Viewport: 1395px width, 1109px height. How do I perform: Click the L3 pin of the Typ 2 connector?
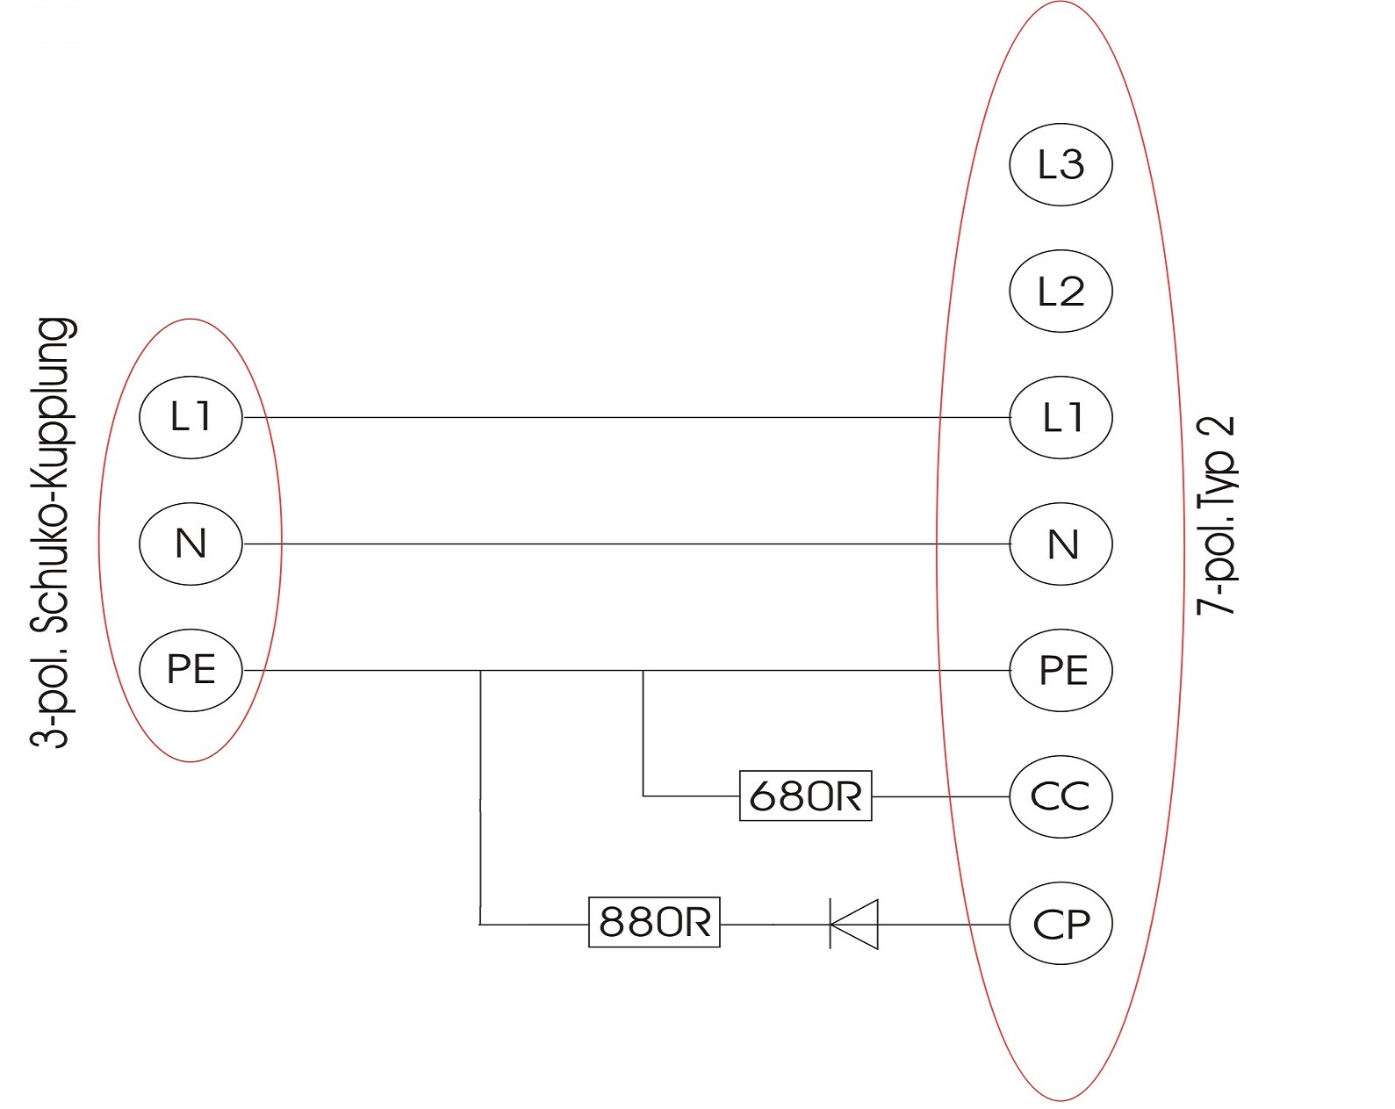click(1061, 164)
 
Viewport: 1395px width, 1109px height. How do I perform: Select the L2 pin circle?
click(1061, 291)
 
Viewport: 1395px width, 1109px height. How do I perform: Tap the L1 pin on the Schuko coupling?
click(191, 417)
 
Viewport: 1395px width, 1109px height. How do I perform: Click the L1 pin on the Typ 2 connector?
click(1061, 417)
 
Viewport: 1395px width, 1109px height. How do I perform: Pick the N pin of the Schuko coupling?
click(191, 544)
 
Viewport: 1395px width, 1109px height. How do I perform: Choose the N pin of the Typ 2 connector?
click(1061, 544)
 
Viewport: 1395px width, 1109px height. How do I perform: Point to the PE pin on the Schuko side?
click(191, 670)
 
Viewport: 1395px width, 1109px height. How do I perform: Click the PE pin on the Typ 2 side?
click(1061, 670)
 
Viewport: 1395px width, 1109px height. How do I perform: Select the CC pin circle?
click(1061, 796)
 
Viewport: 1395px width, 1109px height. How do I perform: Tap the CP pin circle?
click(1061, 924)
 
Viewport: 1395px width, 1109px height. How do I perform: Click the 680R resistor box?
click(805, 796)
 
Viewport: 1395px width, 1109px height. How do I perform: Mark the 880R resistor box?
click(654, 922)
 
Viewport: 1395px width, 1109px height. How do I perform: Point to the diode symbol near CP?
click(854, 924)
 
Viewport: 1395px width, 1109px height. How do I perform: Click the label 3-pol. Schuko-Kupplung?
click(53, 532)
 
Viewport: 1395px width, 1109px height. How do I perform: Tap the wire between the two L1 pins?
click(615, 418)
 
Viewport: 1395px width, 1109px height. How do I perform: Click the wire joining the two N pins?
click(615, 544)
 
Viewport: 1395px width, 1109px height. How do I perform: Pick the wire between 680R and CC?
click(939, 796)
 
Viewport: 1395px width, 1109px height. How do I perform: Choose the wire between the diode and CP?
click(944, 924)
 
